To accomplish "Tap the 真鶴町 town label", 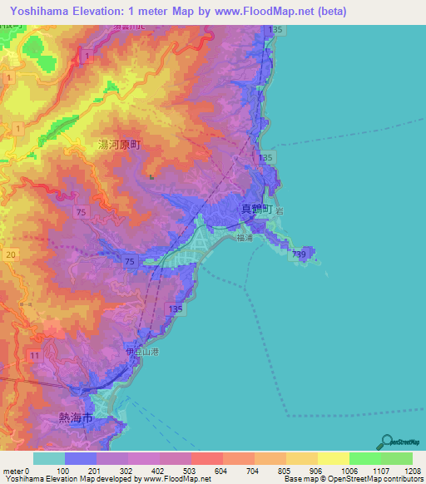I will [x=256, y=210].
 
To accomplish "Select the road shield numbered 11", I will [x=33, y=355].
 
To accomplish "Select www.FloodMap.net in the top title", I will [x=265, y=11].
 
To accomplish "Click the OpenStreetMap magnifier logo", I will [x=388, y=441].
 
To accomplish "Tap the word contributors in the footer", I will [x=400, y=479].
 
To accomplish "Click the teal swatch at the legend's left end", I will [x=48, y=458].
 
